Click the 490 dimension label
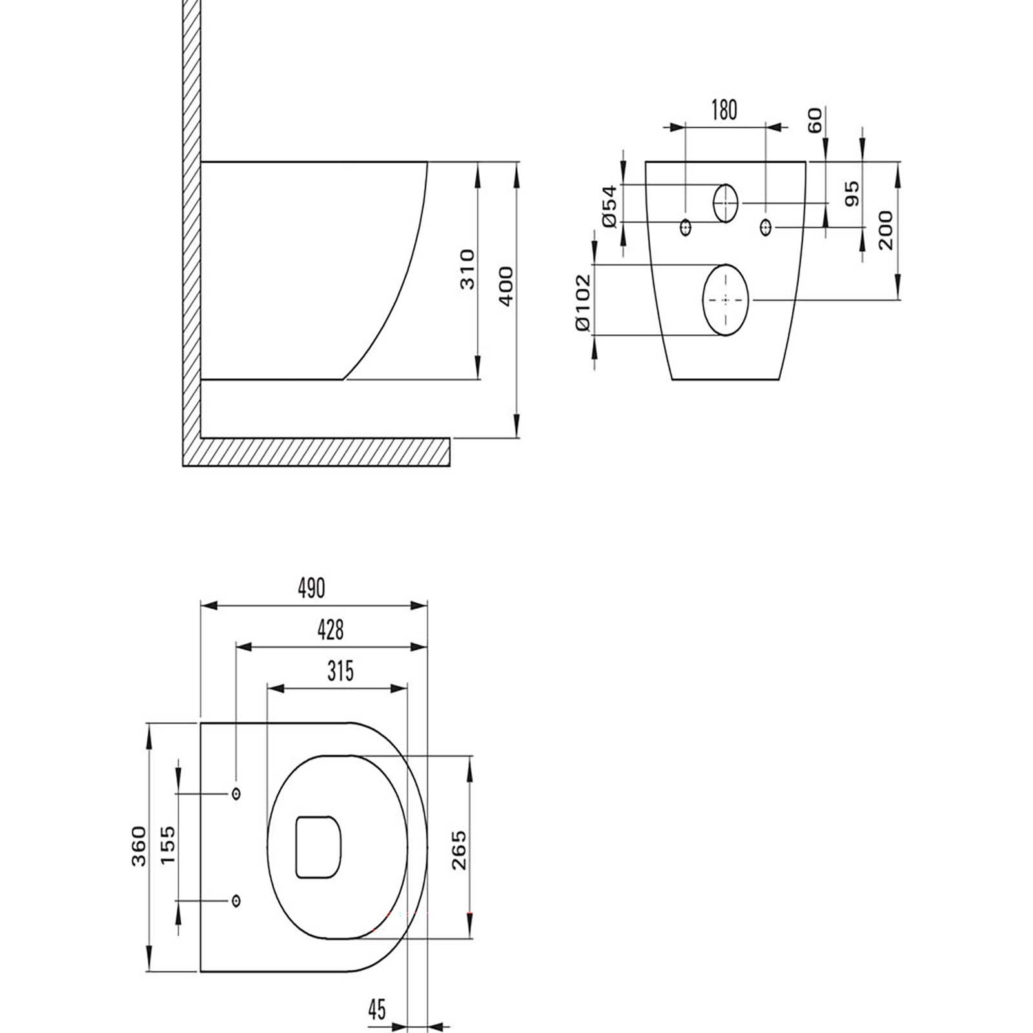tap(312, 588)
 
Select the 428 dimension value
tap(331, 629)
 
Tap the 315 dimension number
tap(340, 671)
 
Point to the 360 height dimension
tap(139, 846)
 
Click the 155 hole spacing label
tap(167, 846)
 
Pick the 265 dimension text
tap(458, 850)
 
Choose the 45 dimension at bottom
tap(377, 1009)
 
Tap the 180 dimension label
tap(724, 110)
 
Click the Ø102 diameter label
tap(582, 302)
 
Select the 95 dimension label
tap(852, 194)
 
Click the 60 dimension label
tap(815, 121)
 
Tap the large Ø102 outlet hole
tap(726, 300)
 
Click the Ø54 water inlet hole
tap(725, 203)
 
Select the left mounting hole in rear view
tap(686, 227)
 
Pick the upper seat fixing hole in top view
tap(236, 793)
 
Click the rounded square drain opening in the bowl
tap(318, 847)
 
